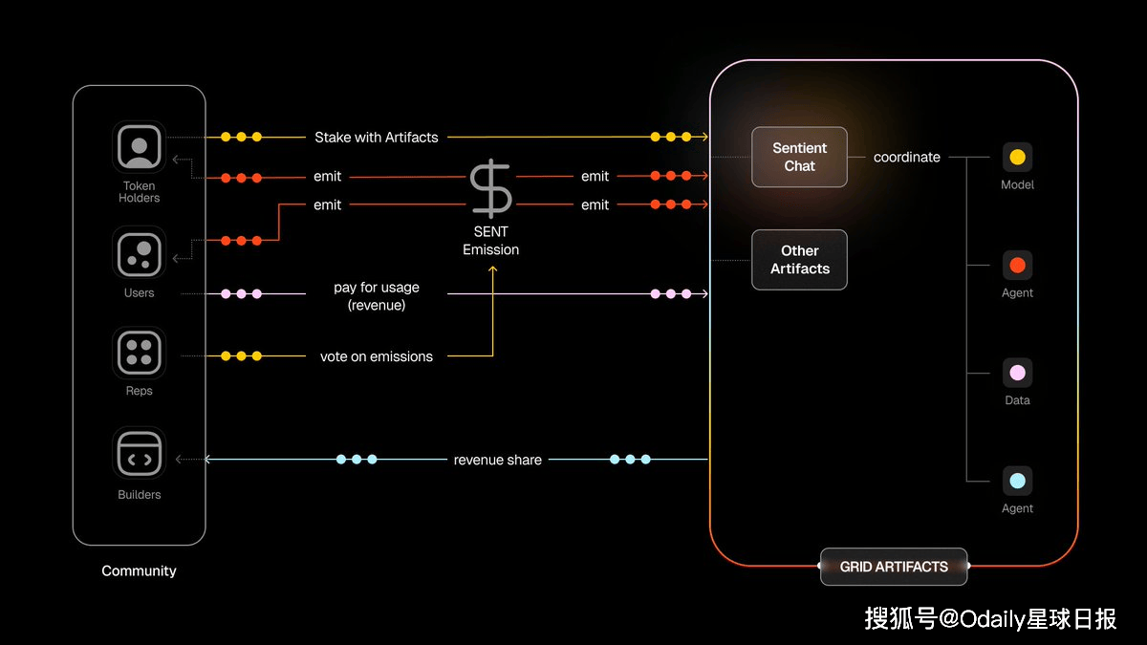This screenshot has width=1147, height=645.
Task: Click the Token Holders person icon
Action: pos(140,147)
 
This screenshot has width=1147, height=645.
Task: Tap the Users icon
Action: pos(140,253)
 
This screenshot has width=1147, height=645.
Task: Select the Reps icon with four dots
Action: pos(140,353)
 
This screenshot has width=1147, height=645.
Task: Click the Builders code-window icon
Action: pos(140,453)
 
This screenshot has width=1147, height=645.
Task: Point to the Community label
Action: pos(139,570)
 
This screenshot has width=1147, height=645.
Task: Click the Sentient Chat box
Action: pos(799,157)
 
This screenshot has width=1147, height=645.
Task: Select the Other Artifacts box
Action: pos(799,260)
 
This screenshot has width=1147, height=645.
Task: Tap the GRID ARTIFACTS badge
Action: pos(894,567)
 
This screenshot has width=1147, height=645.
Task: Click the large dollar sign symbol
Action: pos(490,189)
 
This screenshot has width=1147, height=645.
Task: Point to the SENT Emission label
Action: pos(490,241)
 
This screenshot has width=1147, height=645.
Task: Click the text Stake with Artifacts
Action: pos(377,138)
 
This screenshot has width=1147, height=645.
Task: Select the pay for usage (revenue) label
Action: pos(377,296)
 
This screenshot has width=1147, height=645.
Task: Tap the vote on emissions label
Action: pos(377,356)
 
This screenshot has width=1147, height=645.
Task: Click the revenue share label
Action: pos(498,460)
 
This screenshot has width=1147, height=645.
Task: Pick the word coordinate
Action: pos(906,157)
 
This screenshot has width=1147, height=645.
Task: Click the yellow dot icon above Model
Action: pos(1017,157)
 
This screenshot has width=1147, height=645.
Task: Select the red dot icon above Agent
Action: pos(1017,265)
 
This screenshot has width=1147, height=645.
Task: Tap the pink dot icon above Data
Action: pos(1017,373)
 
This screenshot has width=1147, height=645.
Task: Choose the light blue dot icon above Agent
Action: pos(1017,481)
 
